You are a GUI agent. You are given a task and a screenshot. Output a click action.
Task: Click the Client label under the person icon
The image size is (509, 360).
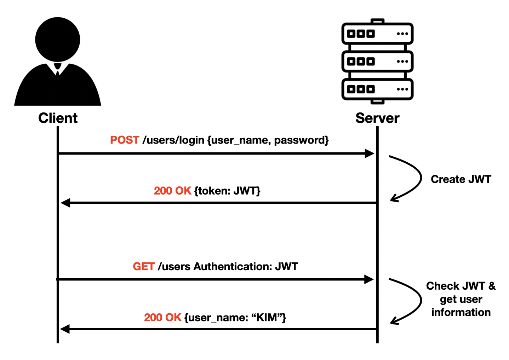58,118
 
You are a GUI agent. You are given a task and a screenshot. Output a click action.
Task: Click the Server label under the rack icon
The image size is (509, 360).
377,118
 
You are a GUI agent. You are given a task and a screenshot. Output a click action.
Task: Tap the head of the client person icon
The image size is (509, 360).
58,39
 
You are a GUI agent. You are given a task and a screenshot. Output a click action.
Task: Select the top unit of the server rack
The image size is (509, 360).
377,34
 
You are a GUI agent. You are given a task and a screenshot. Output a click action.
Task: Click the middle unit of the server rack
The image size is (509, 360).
377,62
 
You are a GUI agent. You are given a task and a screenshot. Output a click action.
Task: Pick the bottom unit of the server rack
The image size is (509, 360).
377,89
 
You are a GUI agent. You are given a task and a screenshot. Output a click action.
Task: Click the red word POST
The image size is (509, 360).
125,140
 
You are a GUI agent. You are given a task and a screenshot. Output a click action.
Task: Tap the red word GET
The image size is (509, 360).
143,266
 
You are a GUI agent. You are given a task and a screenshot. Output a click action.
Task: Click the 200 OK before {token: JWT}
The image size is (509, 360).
172,191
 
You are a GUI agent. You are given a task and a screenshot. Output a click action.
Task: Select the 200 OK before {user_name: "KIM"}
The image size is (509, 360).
162,318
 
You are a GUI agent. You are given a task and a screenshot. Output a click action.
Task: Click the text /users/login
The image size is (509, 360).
173,140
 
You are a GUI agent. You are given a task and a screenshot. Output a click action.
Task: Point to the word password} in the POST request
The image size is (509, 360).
301,140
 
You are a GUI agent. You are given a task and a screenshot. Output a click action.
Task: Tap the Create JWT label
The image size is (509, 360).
461,179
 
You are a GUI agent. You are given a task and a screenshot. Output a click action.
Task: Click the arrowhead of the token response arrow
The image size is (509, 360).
65,203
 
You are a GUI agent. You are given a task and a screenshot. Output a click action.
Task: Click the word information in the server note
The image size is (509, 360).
461,312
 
